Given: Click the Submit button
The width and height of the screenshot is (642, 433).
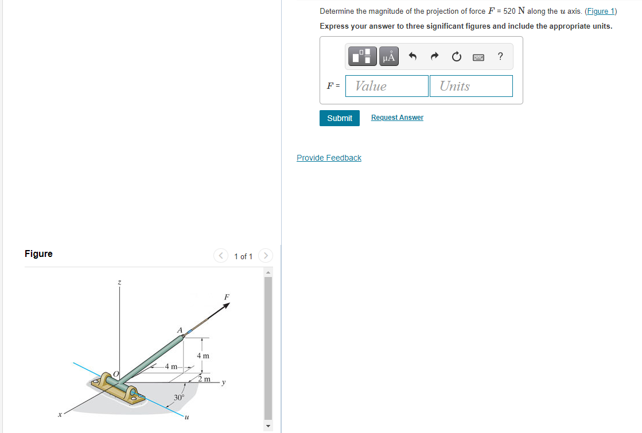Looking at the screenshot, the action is tap(340, 118).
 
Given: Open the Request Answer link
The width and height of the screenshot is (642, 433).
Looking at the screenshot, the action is tap(397, 118).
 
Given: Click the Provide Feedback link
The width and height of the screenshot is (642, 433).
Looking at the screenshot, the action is tap(329, 158).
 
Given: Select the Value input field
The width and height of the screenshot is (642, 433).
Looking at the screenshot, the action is tap(387, 86).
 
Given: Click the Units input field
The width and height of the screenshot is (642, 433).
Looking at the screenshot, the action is tap(471, 86).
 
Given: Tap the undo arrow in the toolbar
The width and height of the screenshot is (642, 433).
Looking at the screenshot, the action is tap(413, 56).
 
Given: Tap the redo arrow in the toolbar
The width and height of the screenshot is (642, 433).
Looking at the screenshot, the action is tap(435, 56).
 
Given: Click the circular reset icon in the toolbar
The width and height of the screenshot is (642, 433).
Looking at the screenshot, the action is tap(457, 56).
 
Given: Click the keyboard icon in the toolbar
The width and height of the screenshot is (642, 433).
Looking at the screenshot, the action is tap(478, 57).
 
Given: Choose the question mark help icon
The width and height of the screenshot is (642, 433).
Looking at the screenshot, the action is tap(500, 56).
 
